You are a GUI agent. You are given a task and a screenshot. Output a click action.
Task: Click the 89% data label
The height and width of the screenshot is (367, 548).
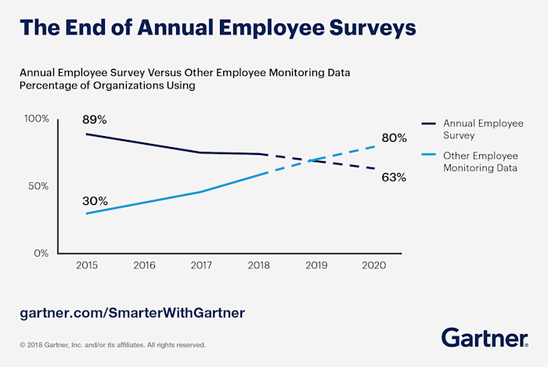(x=95, y=120)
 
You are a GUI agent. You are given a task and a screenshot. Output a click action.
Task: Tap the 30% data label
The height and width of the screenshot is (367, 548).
(x=95, y=201)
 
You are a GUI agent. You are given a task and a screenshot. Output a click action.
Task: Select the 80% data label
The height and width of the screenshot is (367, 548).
(x=394, y=139)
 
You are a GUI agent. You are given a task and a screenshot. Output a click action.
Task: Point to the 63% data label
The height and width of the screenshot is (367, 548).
(x=394, y=178)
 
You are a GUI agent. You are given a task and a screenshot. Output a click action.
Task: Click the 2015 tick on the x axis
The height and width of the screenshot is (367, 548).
(x=86, y=266)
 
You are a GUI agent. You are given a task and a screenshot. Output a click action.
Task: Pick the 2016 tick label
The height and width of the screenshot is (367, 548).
(x=144, y=266)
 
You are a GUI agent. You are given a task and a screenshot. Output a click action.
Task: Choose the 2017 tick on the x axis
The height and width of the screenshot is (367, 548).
(x=202, y=266)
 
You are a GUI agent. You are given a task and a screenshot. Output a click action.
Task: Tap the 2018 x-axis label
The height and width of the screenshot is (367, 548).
(x=259, y=266)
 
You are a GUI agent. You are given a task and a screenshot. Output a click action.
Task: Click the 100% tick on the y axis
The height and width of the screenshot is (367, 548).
(x=36, y=119)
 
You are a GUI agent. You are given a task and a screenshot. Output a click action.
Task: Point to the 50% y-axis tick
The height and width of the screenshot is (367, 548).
(x=39, y=186)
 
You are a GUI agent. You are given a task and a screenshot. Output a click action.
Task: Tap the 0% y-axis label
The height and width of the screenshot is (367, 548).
(x=41, y=254)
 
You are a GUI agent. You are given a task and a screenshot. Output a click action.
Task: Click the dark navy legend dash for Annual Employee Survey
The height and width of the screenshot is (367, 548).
(x=427, y=123)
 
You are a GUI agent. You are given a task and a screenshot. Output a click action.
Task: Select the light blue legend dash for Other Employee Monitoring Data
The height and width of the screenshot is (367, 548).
(x=427, y=156)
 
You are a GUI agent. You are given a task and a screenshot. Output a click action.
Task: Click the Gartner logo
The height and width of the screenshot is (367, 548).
(x=485, y=338)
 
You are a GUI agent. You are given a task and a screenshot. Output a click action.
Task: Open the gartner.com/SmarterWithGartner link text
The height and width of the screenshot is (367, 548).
(x=132, y=313)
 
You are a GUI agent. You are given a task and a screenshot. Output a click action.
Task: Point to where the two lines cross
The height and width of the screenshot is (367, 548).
(x=312, y=160)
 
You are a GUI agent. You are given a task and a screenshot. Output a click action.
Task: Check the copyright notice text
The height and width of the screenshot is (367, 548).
(x=113, y=344)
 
